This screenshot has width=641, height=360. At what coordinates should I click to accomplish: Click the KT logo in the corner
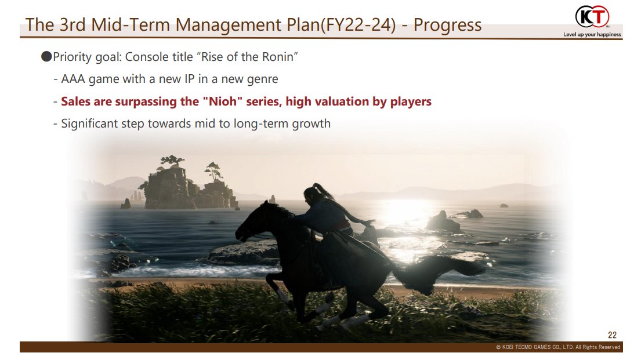(x=592, y=17)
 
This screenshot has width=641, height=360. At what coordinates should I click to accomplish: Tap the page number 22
(x=612, y=335)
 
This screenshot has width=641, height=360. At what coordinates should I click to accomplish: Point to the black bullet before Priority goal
(x=46, y=56)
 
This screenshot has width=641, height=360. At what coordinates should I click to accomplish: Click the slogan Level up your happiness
(x=592, y=34)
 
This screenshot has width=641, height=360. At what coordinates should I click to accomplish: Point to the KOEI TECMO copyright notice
(x=558, y=347)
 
